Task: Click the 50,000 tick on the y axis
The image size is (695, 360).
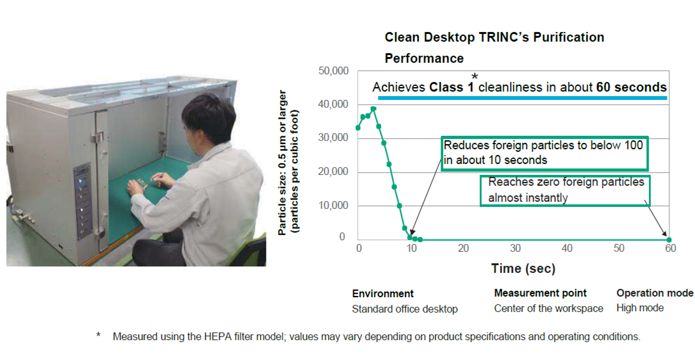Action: coord(334,70)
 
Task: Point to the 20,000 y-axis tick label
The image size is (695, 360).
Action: coord(334,172)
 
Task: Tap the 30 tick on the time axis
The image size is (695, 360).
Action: coord(514,249)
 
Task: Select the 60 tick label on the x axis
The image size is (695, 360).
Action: coord(670,249)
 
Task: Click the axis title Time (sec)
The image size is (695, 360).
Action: coord(523,268)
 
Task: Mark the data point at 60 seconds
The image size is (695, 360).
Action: coord(669,240)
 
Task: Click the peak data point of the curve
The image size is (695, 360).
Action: coord(373,109)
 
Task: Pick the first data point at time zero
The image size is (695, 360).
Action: coord(358,127)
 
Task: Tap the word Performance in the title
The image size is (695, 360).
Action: coord(424,58)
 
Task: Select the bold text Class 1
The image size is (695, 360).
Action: coord(452,87)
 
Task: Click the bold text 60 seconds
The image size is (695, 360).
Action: coord(631,87)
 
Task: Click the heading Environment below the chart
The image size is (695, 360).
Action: coord(382,293)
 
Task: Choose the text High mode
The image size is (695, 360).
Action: coord(640,308)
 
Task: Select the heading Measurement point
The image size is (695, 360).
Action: coord(540,293)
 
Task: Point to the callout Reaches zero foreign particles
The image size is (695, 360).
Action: coord(566,190)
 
